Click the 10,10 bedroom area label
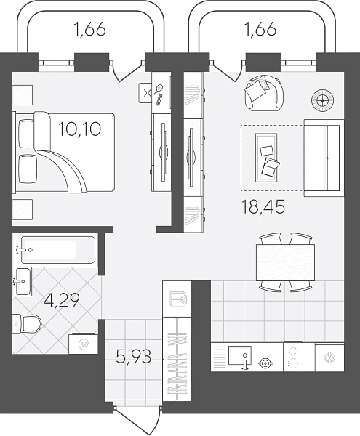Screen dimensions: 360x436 [79, 129]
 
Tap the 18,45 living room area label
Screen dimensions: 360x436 [263, 207]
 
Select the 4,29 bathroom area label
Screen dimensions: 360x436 [62, 300]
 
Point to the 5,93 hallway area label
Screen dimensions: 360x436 [134, 357]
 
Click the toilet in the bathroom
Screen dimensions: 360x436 [27, 323]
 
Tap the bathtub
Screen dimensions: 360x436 [58, 250]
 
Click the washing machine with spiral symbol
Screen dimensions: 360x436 [83, 344]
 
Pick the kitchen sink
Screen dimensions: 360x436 [240, 355]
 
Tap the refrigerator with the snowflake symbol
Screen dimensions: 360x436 [329, 358]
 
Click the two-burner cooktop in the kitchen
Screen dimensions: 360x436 [293, 357]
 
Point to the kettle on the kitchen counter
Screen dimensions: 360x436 [265, 363]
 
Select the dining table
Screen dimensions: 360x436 [285, 262]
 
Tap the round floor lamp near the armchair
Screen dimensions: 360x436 [322, 100]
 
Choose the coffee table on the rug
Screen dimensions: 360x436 [266, 158]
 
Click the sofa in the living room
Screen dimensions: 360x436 [324, 158]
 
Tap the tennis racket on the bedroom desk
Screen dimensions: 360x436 [159, 89]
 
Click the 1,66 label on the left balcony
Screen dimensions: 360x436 [90, 30]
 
